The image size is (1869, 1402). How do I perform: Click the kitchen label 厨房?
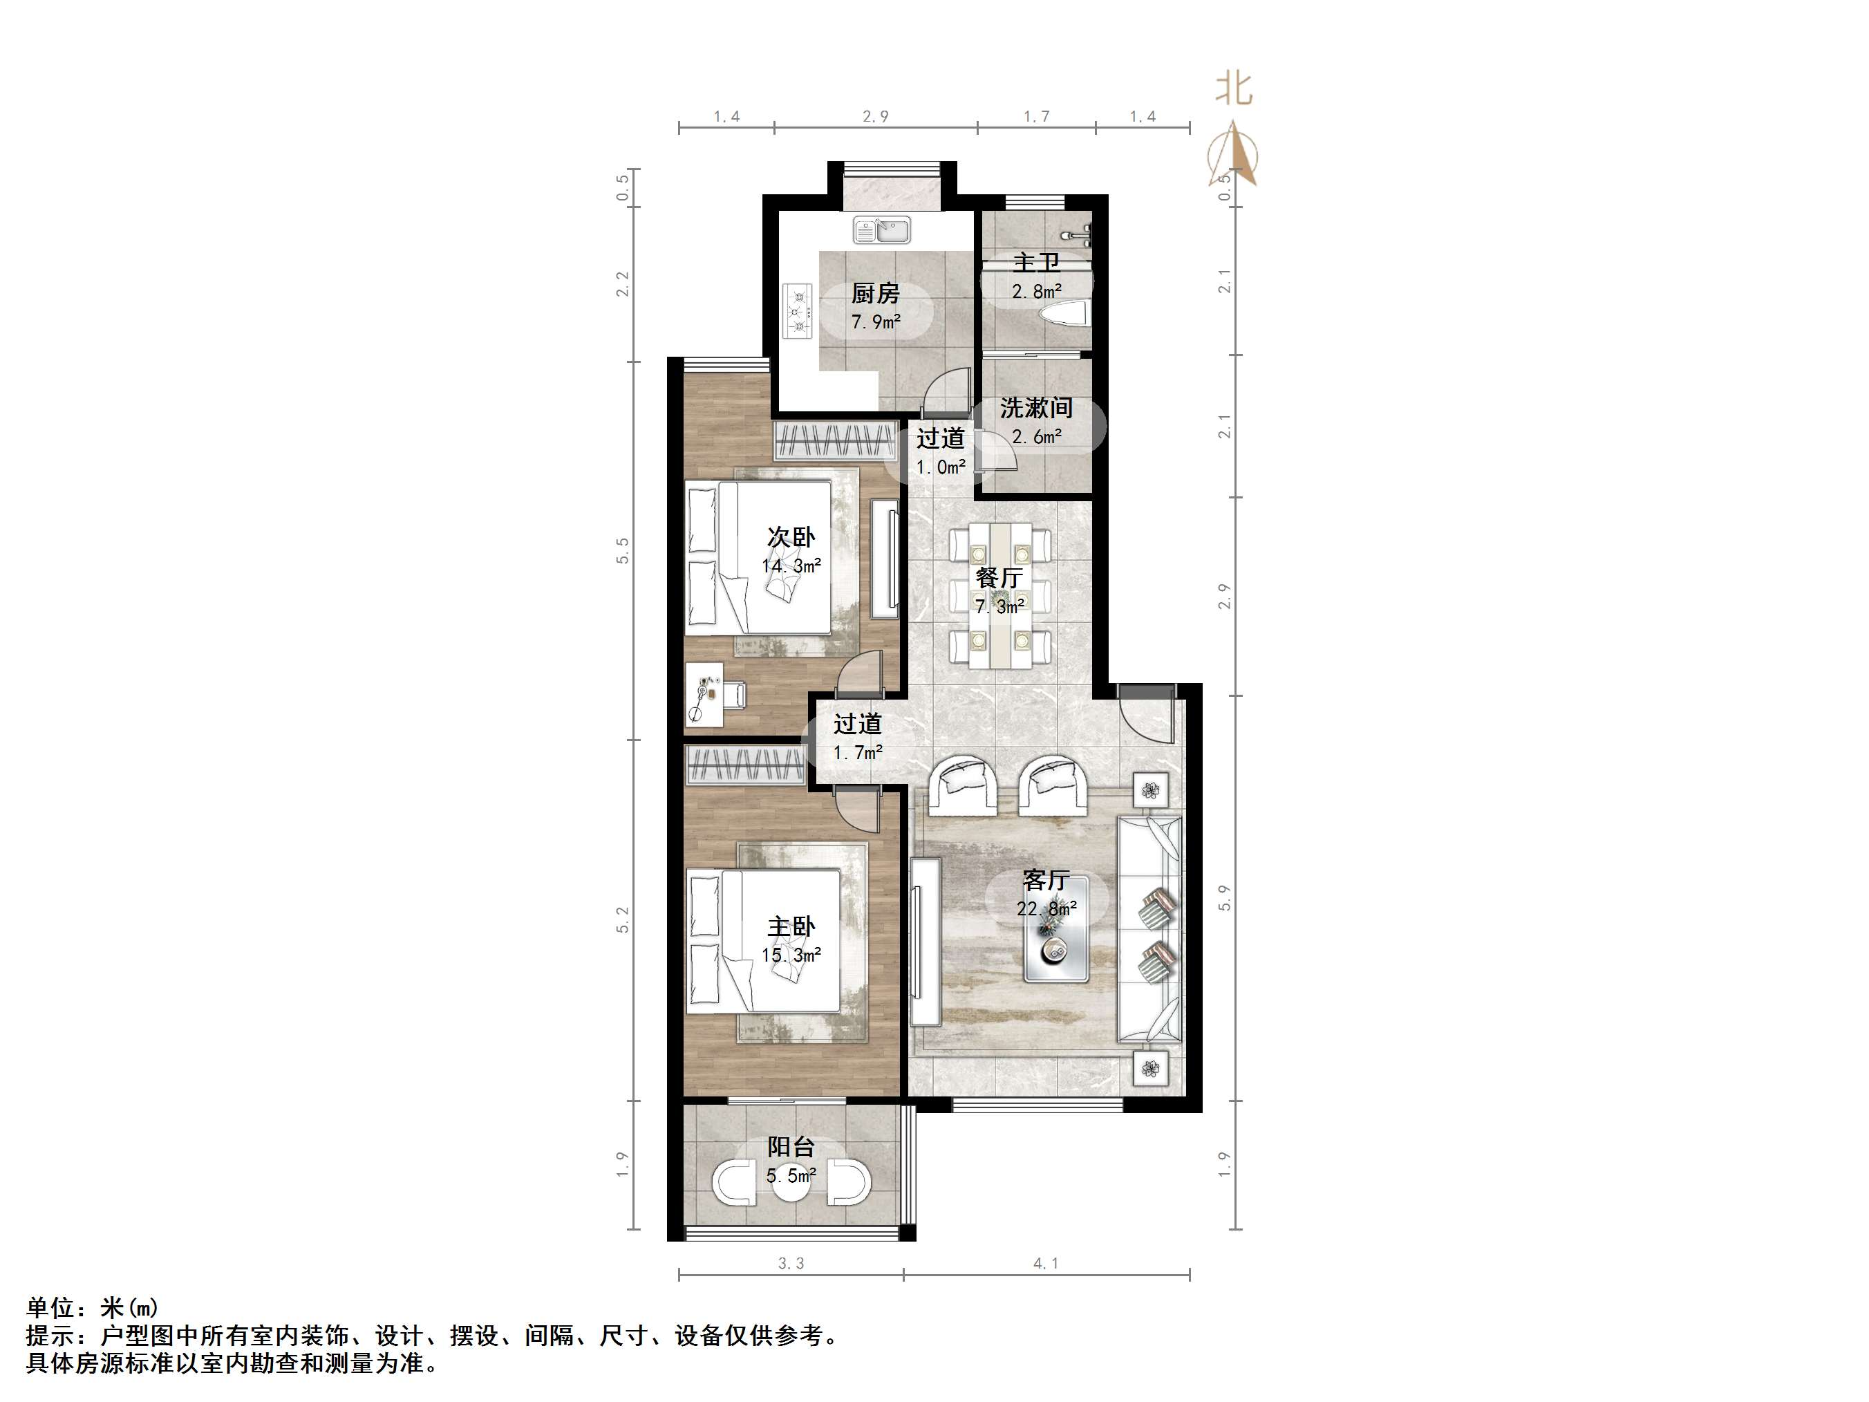point(874,293)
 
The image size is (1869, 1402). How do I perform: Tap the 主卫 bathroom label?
point(1036,262)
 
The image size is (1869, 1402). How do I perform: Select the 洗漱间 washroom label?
point(1036,408)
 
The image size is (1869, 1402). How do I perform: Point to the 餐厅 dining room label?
point(999,578)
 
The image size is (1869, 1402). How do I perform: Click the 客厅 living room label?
point(1046,880)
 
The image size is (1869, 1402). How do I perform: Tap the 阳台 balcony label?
point(791,1147)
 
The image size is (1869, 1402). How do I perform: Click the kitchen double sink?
point(882,229)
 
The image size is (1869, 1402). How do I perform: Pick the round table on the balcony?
point(791,1181)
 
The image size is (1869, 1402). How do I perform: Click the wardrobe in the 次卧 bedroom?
point(835,440)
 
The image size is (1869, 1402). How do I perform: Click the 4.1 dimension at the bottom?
point(1045,1264)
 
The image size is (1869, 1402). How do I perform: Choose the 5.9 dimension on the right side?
point(1224,898)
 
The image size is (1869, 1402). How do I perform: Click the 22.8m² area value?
point(1046,909)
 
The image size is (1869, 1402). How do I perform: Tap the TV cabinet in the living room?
point(926,942)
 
